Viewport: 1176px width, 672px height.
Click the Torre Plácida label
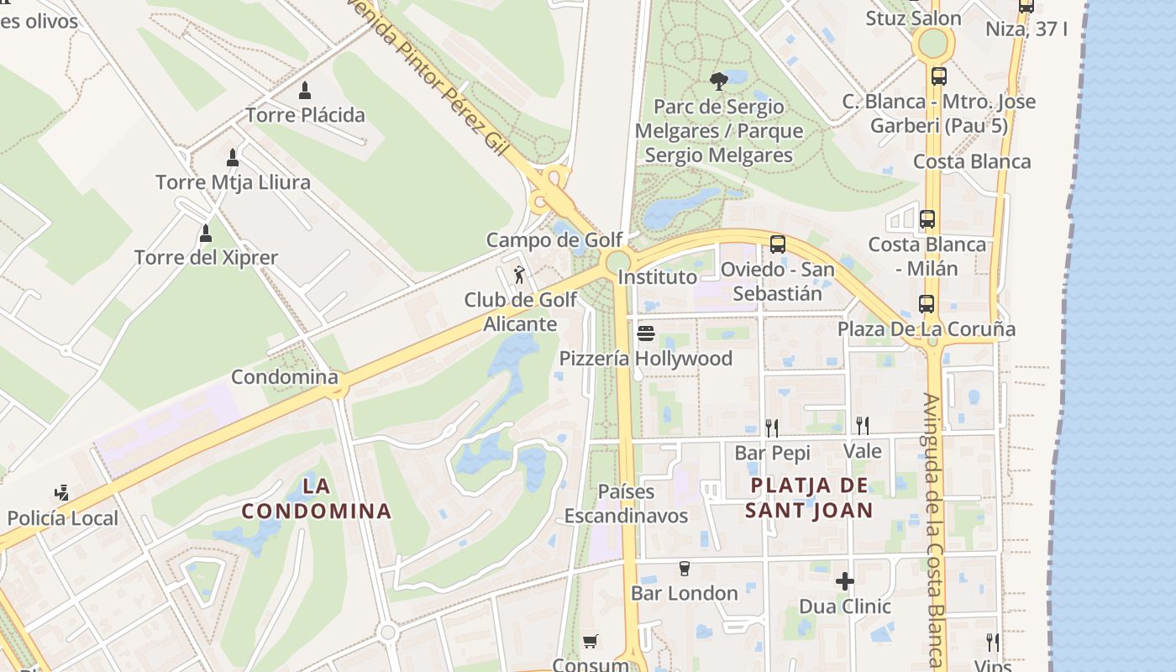click(x=305, y=115)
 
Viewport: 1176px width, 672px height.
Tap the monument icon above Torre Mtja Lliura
click(x=233, y=158)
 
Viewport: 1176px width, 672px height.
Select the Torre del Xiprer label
click(x=206, y=258)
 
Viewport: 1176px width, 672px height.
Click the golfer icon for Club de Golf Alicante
click(x=520, y=275)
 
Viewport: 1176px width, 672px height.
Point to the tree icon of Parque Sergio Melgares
click(x=718, y=81)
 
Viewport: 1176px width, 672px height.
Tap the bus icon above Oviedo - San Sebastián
click(x=778, y=244)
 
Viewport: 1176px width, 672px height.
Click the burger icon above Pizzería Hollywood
click(x=645, y=333)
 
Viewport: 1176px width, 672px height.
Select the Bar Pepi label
click(x=772, y=454)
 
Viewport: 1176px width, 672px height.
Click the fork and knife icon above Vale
click(x=862, y=426)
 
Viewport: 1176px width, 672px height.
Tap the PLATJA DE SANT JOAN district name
click(x=809, y=497)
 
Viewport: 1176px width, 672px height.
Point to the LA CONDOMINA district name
click(x=317, y=498)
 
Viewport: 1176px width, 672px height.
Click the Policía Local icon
click(x=61, y=493)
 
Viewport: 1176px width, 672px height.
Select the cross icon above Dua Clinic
click(x=845, y=581)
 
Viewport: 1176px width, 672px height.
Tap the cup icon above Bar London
click(x=684, y=569)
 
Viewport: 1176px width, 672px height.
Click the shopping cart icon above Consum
click(x=590, y=642)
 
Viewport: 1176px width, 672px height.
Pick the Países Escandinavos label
click(x=626, y=504)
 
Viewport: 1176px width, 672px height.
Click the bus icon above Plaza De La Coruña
click(x=927, y=304)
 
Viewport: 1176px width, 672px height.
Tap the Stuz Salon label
click(x=913, y=18)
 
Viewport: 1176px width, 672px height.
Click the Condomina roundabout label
click(x=284, y=377)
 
